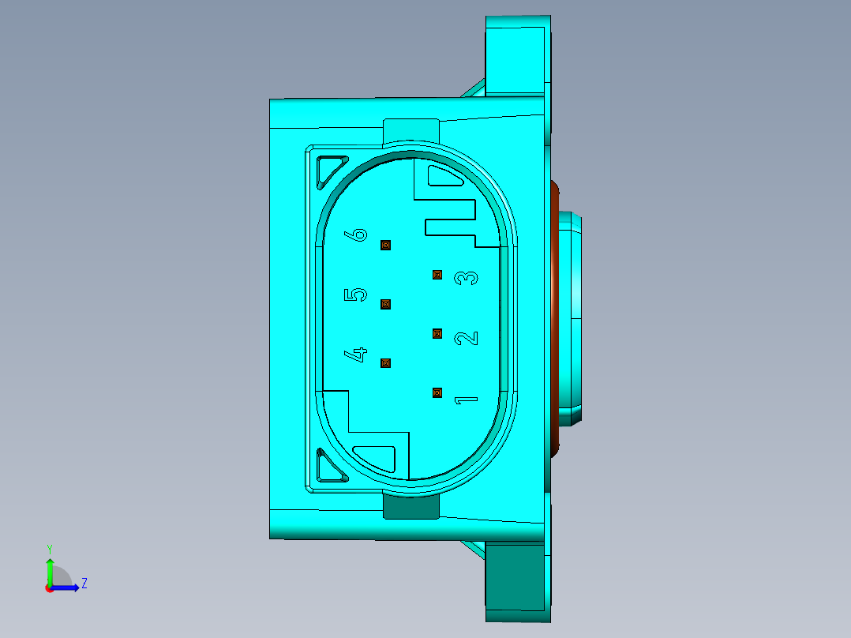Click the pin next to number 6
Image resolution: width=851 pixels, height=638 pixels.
(386, 246)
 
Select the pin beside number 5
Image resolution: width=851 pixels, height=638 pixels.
(386, 304)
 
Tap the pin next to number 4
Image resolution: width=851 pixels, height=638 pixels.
(386, 363)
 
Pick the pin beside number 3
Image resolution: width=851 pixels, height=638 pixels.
(437, 275)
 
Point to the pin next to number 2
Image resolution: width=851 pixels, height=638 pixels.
(437, 333)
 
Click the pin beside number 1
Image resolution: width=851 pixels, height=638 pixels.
(437, 392)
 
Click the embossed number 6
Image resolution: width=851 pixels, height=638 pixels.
(358, 235)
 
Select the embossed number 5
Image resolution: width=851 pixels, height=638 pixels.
(356, 295)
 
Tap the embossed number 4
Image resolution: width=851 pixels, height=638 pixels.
(357, 354)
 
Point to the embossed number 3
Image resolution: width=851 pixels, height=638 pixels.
(467, 278)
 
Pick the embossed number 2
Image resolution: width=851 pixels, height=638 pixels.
(467, 338)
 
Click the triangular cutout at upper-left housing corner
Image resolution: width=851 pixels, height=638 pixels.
(329, 171)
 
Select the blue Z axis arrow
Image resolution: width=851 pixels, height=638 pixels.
(68, 587)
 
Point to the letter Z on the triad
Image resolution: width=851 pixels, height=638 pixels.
(84, 584)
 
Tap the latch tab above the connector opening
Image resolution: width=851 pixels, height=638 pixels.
(411, 129)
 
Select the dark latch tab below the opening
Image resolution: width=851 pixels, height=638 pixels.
(411, 506)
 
